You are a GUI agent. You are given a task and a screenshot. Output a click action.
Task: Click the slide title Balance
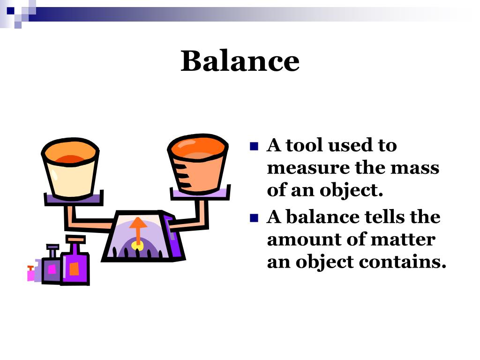point(240,61)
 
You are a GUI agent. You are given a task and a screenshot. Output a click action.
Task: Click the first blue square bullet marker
point(255,146)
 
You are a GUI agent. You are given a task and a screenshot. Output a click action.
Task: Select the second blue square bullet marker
point(255,217)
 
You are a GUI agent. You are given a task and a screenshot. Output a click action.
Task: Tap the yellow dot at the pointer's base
point(137,245)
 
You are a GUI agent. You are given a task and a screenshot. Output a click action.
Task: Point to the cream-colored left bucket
point(70,171)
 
